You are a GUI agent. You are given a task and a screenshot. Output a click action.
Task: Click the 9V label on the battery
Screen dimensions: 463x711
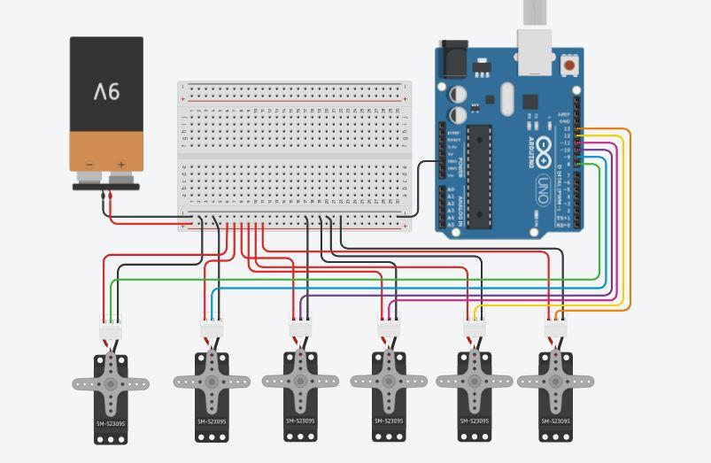(x=106, y=91)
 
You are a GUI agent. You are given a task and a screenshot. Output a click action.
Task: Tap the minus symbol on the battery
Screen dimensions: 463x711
(x=89, y=165)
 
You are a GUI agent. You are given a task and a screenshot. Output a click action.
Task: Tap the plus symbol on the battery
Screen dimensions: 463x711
(x=121, y=165)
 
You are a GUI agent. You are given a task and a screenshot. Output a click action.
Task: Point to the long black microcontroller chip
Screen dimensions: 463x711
(x=479, y=176)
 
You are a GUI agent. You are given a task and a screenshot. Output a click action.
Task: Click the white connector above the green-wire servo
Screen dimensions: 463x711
(x=111, y=330)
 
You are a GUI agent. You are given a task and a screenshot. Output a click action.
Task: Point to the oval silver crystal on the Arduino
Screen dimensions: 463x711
(x=506, y=99)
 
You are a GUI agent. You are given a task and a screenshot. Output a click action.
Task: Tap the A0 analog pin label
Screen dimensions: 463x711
(x=451, y=189)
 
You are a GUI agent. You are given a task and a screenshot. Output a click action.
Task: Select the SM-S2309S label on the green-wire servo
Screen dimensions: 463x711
(x=111, y=424)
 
